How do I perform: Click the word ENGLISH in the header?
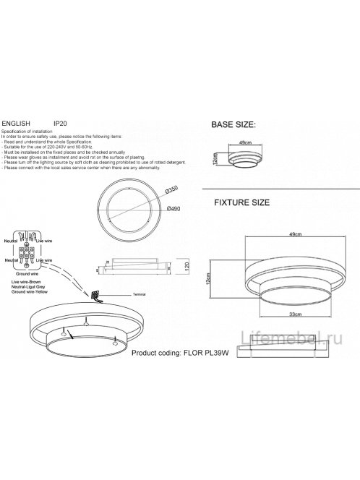pos(16,124)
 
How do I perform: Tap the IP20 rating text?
pos(62,124)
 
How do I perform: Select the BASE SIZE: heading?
pos(233,125)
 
